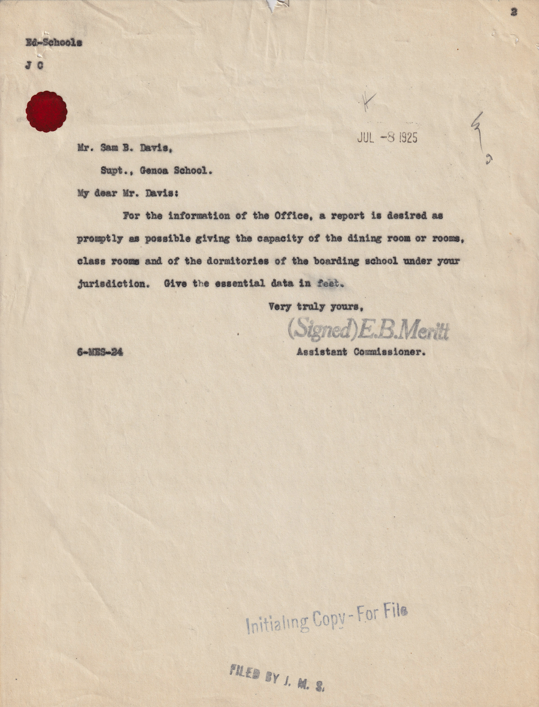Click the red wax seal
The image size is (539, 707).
(46, 112)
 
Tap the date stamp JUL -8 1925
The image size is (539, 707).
(387, 137)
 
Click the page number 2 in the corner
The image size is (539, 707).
(514, 12)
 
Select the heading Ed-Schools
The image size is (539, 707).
(53, 43)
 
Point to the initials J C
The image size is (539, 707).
(34, 65)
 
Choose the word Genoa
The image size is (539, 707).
(155, 170)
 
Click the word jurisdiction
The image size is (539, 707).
(112, 284)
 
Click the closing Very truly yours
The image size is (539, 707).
(316, 306)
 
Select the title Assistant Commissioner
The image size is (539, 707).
(361, 352)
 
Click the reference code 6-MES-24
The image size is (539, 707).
(100, 353)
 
